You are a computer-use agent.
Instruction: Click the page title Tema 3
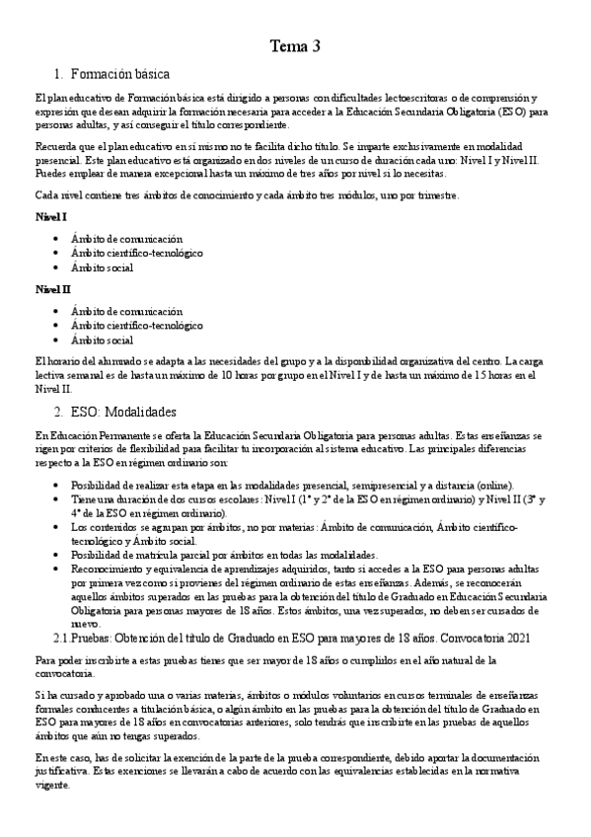295,45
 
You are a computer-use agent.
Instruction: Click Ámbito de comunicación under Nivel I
126,239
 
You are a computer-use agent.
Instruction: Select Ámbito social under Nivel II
102,340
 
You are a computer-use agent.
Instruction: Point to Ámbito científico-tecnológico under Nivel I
136,253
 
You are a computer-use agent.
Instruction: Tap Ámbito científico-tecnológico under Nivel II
136,325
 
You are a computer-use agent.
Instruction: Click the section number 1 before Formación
58,74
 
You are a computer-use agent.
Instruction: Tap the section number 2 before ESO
58,411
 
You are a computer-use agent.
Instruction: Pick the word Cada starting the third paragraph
45,195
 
